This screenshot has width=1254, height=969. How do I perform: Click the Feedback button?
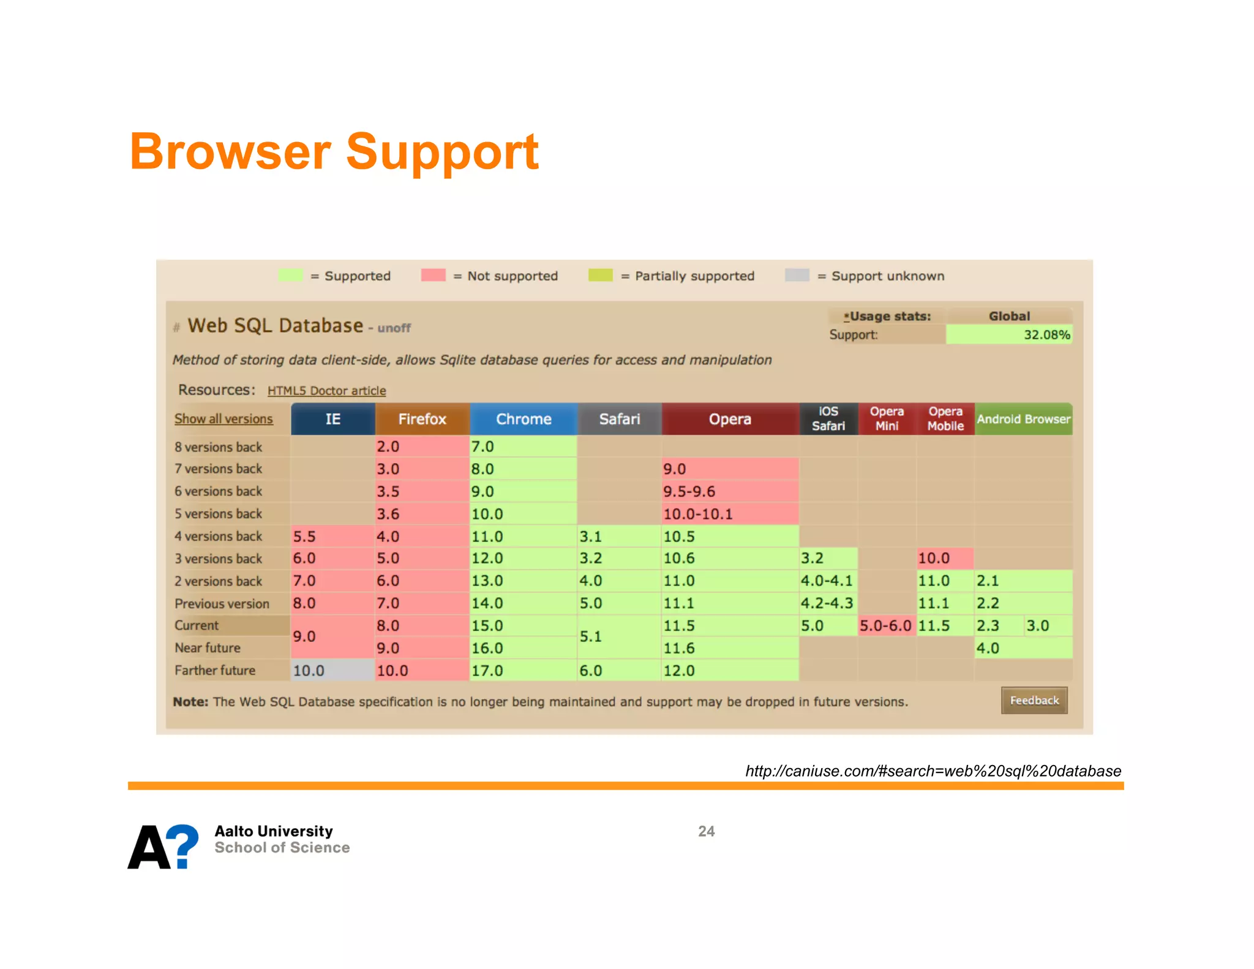[1034, 700]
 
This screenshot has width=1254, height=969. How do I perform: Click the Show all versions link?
[223, 419]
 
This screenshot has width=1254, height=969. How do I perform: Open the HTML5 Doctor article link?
[326, 391]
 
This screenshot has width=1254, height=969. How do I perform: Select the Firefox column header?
[422, 419]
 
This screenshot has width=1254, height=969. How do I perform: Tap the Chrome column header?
[524, 419]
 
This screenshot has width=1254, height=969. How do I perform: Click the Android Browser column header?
[1023, 419]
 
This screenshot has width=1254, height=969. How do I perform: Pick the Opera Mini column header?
[887, 419]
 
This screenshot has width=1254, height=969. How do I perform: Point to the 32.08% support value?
[1046, 335]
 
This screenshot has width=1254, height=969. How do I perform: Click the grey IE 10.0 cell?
[332, 670]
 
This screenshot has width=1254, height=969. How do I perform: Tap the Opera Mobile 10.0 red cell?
[944, 558]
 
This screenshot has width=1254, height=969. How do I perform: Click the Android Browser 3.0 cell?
[1046, 625]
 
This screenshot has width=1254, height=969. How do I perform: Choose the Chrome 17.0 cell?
[522, 670]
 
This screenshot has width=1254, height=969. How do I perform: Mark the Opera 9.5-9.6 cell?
[729, 491]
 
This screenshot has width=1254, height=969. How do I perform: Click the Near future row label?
[208, 648]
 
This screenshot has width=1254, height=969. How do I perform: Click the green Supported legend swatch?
[290, 276]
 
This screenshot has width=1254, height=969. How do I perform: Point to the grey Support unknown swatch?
[797, 276]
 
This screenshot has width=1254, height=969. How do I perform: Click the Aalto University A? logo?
[163, 846]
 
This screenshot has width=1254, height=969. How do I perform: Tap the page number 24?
[706, 831]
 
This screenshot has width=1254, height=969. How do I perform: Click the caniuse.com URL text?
[933, 771]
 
